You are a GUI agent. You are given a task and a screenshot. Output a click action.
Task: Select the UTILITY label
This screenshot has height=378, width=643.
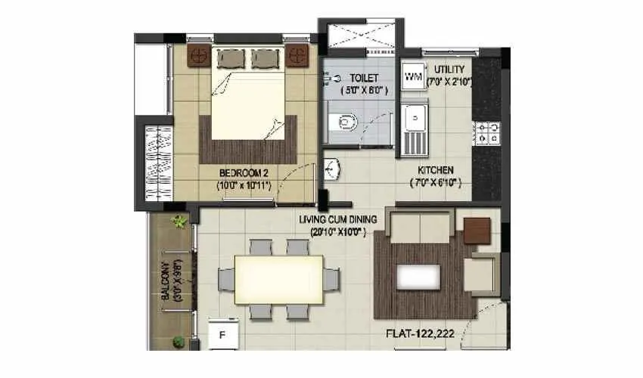tap(449, 70)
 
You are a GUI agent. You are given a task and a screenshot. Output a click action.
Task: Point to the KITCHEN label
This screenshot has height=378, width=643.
tap(436, 170)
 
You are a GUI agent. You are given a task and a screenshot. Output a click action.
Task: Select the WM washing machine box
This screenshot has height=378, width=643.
tap(413, 76)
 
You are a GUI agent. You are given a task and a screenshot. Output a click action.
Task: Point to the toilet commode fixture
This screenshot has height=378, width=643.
tap(346, 121)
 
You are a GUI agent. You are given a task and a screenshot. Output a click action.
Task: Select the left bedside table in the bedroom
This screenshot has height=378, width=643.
tap(200, 55)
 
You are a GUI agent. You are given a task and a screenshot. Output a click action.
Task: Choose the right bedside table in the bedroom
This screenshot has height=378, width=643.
tap(297, 55)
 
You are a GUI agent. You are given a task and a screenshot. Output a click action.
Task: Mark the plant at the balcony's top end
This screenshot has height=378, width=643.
tap(179, 222)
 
